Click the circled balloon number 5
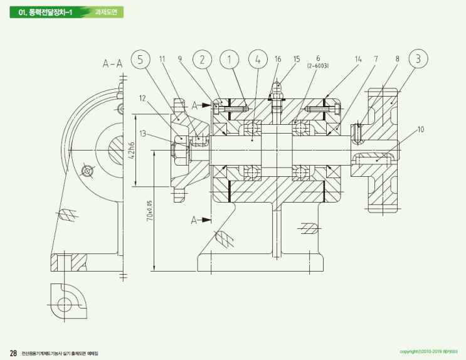[x=141, y=60]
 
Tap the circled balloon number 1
[x=230, y=60]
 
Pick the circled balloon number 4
[x=258, y=60]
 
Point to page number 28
[x=13, y=352]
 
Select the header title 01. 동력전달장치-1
[x=46, y=11]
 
